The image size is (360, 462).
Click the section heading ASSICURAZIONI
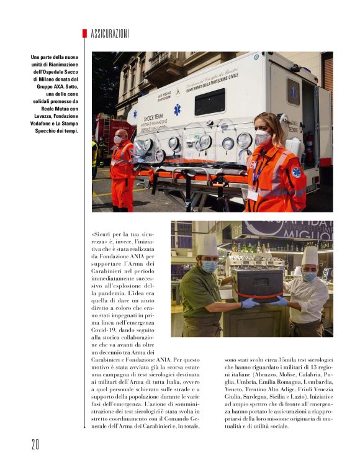[x=110, y=34]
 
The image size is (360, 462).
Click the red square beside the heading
[x=84, y=34]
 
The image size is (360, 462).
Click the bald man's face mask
[x=118, y=140]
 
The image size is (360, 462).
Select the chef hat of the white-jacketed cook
[x=310, y=255]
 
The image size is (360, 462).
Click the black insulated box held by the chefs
[x=257, y=283]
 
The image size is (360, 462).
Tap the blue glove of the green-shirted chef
[x=249, y=302]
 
